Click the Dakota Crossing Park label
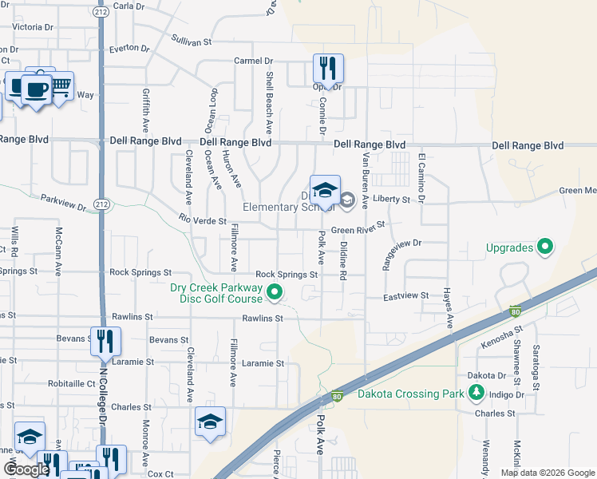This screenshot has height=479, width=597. [x=409, y=394]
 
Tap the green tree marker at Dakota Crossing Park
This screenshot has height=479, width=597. [x=476, y=392]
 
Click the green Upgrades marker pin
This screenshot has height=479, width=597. [x=546, y=247]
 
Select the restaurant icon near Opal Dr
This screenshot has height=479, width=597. [x=328, y=69]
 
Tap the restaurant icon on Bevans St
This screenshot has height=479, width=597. [x=106, y=342]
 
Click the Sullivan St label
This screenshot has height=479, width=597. [x=192, y=40]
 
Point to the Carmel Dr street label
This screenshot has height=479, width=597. [x=253, y=61]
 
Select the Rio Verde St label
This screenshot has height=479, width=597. [x=203, y=220]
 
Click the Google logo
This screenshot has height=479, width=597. [x=26, y=469]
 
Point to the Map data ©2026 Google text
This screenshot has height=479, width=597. [x=547, y=473]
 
